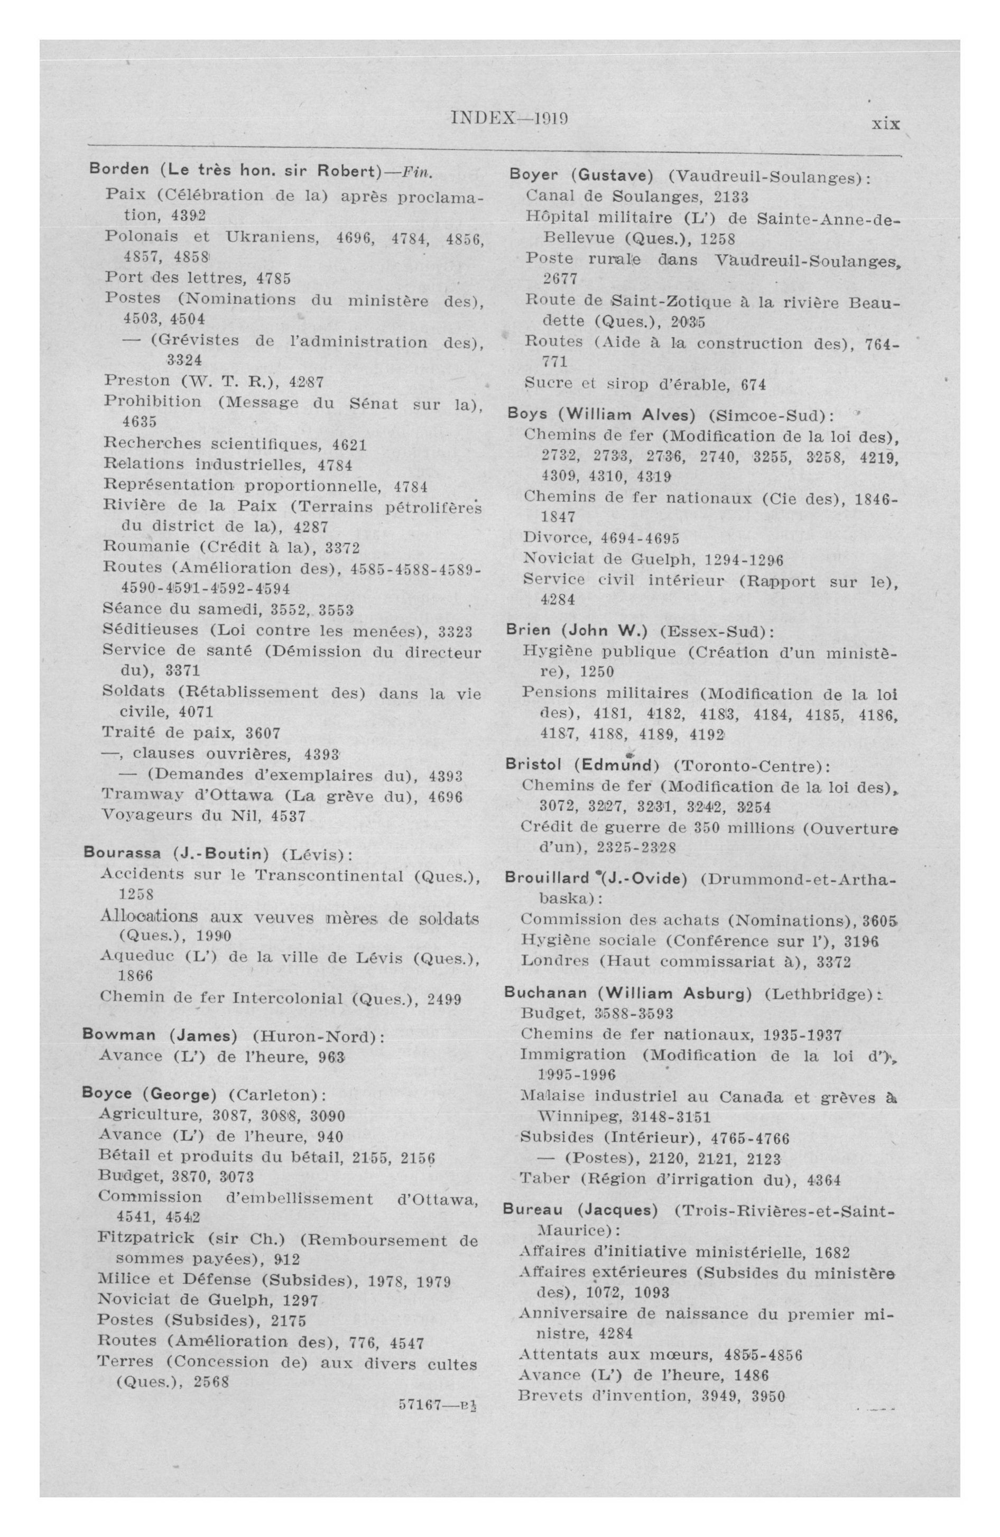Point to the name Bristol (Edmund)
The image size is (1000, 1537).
click(582, 765)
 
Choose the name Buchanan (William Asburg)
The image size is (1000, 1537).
click(627, 993)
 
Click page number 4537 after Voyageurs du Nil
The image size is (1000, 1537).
click(288, 816)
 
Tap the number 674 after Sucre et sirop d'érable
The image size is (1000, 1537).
click(753, 385)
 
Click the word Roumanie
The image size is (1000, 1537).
click(146, 547)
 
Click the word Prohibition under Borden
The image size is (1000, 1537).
click(152, 402)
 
